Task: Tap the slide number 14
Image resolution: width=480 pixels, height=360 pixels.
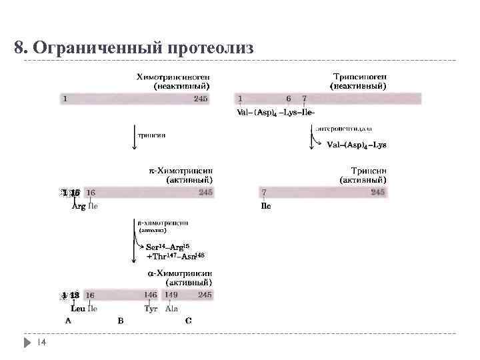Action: [x=41, y=342]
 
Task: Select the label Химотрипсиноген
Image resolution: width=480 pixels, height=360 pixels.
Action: [x=174, y=77]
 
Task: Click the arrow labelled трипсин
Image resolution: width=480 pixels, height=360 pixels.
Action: [x=136, y=133]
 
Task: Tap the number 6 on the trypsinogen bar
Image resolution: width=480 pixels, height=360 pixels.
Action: [x=288, y=99]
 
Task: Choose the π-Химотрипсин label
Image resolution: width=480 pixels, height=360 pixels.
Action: [x=181, y=171]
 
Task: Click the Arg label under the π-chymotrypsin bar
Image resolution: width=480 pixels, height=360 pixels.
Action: [x=78, y=206]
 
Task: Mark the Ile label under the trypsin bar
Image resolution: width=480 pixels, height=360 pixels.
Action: [x=265, y=206]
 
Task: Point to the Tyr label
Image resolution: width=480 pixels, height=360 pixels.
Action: [x=151, y=309]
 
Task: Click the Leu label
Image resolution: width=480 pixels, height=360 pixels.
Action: [x=77, y=309]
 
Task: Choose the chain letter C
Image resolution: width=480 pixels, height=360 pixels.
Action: [x=189, y=321]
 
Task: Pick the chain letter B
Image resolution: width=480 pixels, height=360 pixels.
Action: [x=120, y=321]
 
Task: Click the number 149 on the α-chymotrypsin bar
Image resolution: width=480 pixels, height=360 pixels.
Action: [x=172, y=295]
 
